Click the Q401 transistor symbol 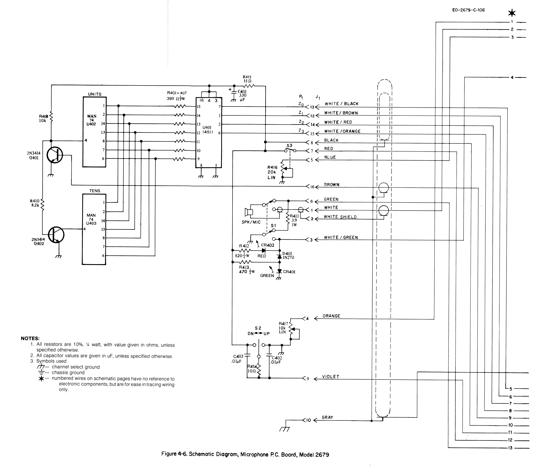click(55, 155)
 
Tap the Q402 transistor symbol click(56, 235)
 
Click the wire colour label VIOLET click(331, 377)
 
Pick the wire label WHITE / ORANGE click(342, 131)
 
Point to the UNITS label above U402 click(95, 94)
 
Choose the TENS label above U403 click(95, 191)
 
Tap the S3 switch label click(289, 146)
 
